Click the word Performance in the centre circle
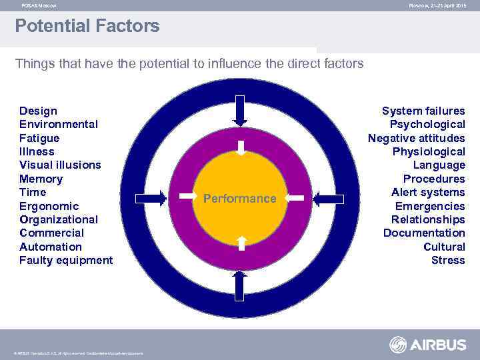pos(239,199)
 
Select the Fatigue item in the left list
pos(39,138)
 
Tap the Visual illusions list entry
pos(60,165)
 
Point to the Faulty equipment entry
pos(66,260)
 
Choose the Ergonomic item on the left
pos(49,206)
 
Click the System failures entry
pos(423,111)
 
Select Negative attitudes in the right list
pos(416,138)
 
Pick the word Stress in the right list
pos(448,260)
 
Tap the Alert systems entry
pos(428,192)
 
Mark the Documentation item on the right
pos(424,233)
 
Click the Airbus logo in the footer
pos(427,345)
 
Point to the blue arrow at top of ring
pos(240,110)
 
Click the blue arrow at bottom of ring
pos(240,287)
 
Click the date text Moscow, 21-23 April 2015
pos(437,5)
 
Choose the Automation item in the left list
pos(51,247)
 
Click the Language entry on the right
pos(439,165)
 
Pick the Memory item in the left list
pos(41,179)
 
